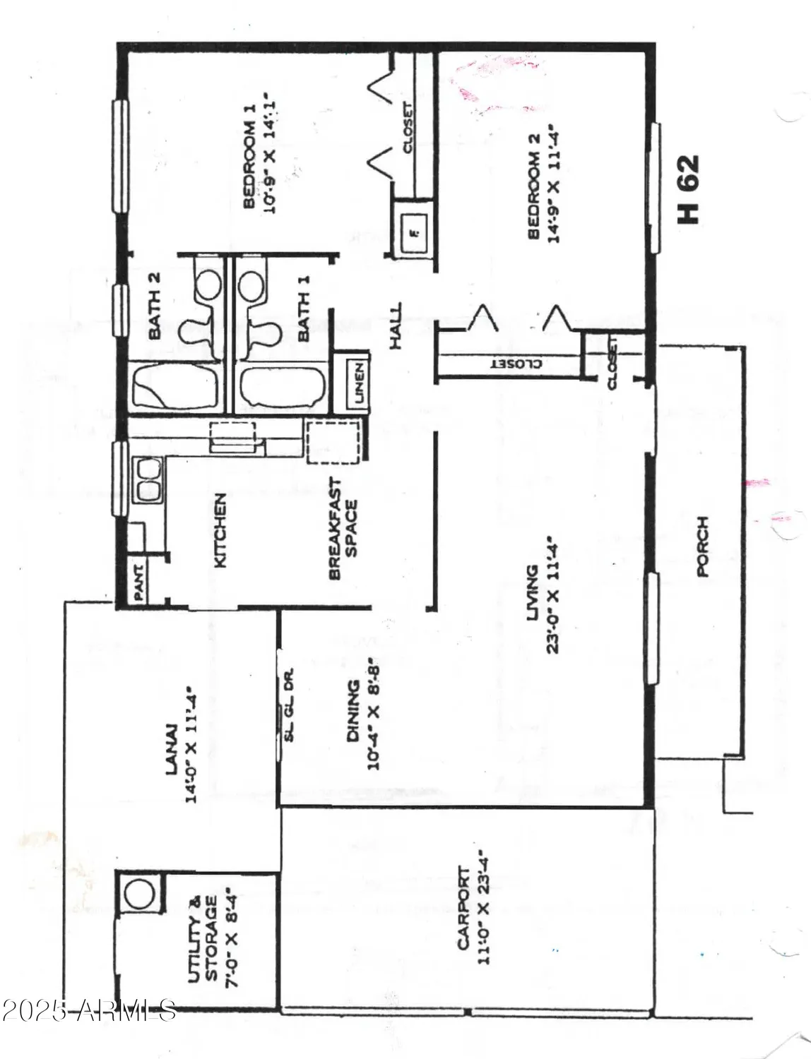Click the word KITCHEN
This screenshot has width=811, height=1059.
[220, 531]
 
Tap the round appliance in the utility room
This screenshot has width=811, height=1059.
[138, 893]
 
